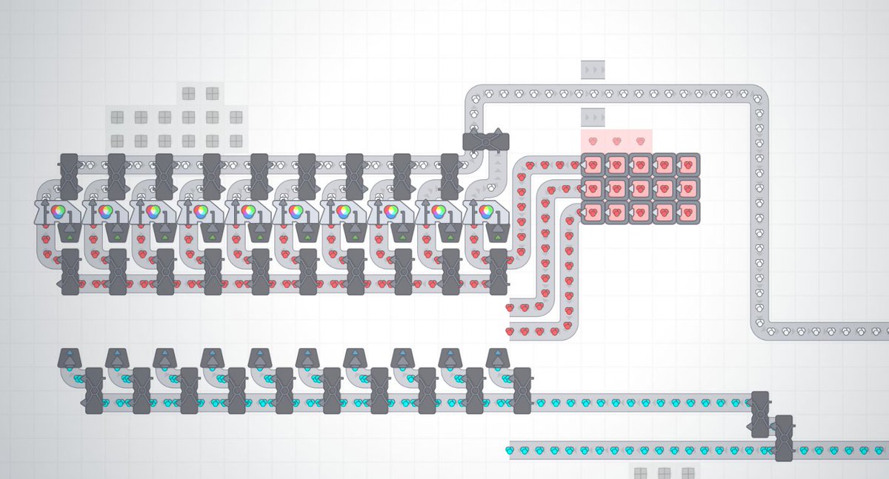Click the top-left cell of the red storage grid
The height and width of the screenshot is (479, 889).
(593, 164)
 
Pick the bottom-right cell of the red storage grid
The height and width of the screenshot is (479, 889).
(687, 212)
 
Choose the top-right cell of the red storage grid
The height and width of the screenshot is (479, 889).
(687, 164)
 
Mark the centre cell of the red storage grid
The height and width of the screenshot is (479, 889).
(640, 188)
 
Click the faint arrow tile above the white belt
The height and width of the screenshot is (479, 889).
(593, 70)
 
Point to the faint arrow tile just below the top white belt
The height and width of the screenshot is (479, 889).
(593, 117)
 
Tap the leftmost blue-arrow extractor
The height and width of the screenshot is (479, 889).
(70, 358)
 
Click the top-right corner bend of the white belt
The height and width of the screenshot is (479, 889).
(757, 96)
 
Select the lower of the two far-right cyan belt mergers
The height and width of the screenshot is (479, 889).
(783, 437)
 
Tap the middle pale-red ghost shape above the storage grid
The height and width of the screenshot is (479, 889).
(616, 141)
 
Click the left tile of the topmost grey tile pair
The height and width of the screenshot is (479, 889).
(188, 93)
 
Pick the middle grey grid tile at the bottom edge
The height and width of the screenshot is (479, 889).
(664, 472)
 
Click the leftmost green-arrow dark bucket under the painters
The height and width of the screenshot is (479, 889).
(70, 232)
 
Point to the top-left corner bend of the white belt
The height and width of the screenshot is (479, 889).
(475, 96)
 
